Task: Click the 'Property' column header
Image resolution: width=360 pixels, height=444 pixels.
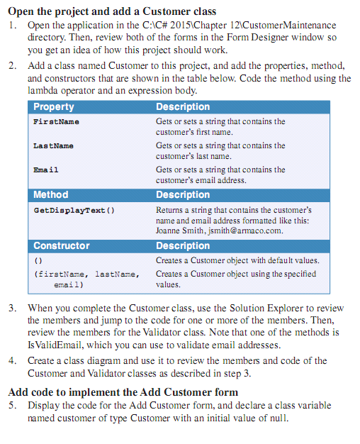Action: tap(54, 107)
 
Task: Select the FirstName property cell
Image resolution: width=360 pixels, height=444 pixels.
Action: tap(56, 122)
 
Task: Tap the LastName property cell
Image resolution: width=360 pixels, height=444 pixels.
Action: tap(53, 146)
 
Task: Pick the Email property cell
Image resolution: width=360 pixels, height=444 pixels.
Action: tap(46, 170)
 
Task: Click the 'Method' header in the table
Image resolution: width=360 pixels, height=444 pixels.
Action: tap(51, 195)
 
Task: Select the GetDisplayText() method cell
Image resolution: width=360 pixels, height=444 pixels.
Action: tap(74, 211)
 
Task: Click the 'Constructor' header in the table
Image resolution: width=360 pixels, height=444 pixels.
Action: tap(62, 246)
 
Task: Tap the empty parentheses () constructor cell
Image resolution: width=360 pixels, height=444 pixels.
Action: tap(38, 260)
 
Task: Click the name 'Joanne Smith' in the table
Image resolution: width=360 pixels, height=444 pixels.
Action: tap(179, 231)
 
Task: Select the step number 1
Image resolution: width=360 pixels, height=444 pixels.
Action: tap(12, 26)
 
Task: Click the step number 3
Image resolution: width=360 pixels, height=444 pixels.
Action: tap(12, 309)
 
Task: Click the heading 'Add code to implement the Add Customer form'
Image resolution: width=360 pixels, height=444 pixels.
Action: tap(123, 392)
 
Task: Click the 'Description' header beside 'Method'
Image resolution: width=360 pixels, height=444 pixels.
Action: tap(183, 195)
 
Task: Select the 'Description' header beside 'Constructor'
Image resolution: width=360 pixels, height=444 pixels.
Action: tap(183, 246)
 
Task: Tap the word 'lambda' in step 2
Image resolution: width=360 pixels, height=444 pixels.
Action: tap(45, 91)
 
